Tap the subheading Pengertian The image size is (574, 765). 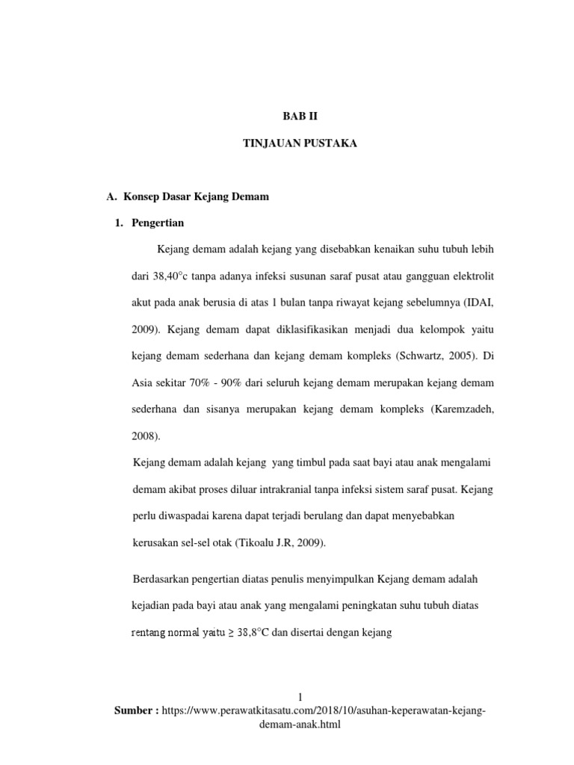pyautogui.click(x=158, y=223)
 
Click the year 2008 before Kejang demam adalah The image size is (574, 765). pyautogui.click(x=144, y=436)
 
